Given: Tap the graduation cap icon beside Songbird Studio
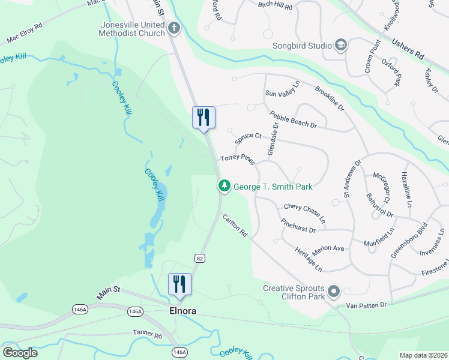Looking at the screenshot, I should pos(341,46).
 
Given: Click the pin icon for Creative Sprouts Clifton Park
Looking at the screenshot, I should pos(334,292).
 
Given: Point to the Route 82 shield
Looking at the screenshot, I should pos(199,257).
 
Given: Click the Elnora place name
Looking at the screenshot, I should pos(181,311).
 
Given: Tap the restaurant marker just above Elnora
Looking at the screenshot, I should pos(179,284).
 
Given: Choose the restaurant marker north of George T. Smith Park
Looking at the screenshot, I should pos(203,117).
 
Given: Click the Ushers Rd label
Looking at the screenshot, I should pos(408,49).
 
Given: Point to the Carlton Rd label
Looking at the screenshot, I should pos(235,225).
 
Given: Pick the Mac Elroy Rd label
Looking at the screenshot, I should pos(25,34).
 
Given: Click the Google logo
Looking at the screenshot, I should pos(20,352).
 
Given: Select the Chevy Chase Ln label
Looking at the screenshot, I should pos(304,212).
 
